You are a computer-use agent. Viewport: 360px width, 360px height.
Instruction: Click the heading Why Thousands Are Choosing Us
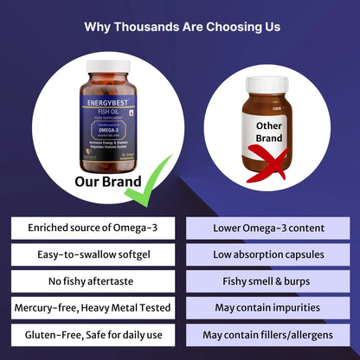[182, 27]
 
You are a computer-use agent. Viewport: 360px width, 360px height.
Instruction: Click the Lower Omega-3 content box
[268, 228]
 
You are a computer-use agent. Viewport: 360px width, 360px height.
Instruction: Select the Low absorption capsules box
[268, 254]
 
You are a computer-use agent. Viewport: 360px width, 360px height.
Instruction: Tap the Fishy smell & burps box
[268, 281]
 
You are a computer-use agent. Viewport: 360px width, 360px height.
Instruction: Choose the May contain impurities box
[268, 308]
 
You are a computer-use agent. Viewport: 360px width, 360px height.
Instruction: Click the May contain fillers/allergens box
[268, 334]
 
